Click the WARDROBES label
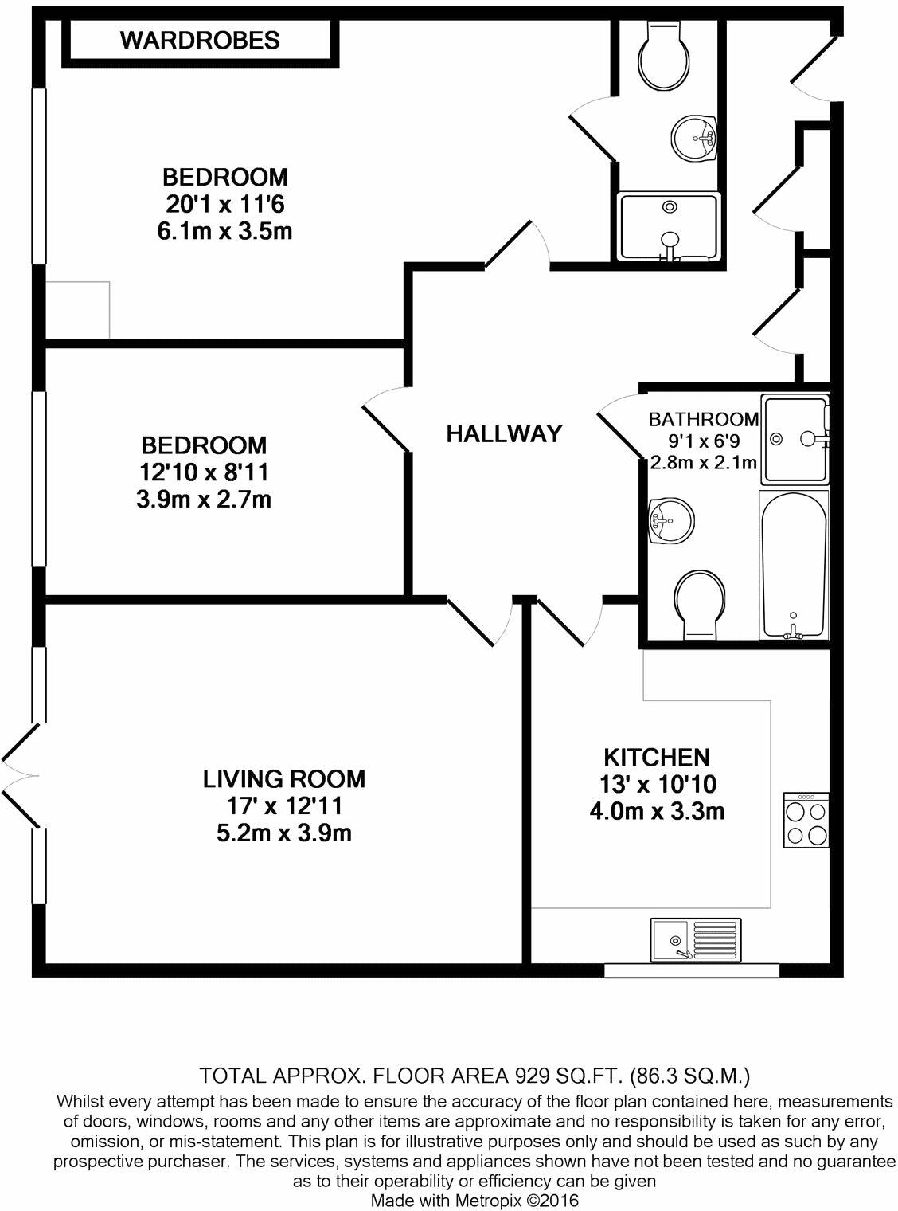tap(200, 40)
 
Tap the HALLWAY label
tap(504, 433)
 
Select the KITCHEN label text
tap(656, 756)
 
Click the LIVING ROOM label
tap(284, 778)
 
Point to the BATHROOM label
tap(703, 419)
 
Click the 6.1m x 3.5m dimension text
tap(225, 232)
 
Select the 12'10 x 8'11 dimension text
tap(204, 472)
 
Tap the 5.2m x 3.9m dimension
tap(284, 833)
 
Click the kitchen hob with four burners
tap(806, 821)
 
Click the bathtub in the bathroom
tap(794, 564)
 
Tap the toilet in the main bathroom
tap(700, 602)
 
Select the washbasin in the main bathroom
tap(670, 522)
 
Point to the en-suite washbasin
tap(695, 139)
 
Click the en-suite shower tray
tap(669, 226)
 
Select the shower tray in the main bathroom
tap(795, 438)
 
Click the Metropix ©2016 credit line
tap(475, 1200)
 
